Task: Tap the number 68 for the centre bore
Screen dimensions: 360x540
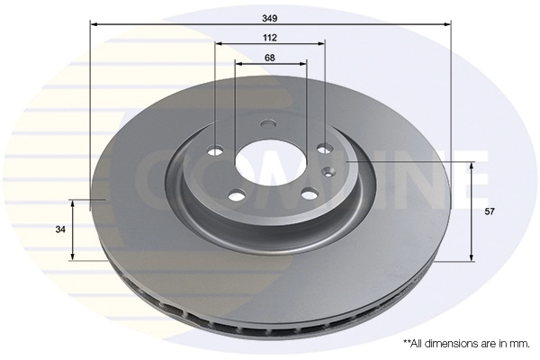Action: (270, 57)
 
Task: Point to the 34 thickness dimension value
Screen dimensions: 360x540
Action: (60, 229)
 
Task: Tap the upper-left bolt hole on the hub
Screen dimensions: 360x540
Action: (216, 150)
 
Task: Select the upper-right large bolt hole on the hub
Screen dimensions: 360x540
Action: (324, 149)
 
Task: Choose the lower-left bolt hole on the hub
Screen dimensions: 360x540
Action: (236, 194)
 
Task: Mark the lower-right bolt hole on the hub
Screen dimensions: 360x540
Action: (307, 193)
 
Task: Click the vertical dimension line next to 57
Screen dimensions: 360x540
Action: (471, 211)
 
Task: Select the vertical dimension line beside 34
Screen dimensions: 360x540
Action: (73, 229)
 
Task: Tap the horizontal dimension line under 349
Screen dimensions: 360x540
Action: (270, 25)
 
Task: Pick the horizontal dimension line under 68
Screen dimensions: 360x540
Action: (270, 65)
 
